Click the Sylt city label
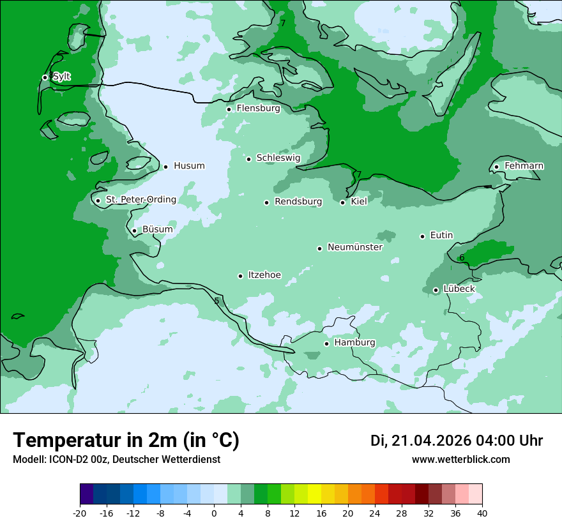61,77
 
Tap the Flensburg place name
258,109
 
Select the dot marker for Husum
165,167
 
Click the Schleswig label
278,158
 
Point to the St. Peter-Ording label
140,200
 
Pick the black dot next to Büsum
134,231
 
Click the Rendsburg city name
298,202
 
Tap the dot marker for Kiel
343,202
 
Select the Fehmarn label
524,166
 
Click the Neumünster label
355,247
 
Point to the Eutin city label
441,236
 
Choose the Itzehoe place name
264,275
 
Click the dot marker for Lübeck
436,290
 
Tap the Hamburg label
354,343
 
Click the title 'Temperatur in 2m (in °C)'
126,440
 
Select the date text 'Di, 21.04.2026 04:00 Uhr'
457,441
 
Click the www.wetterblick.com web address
460,460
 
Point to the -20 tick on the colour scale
80,513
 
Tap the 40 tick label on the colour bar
482,513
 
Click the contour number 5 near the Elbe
216,301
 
